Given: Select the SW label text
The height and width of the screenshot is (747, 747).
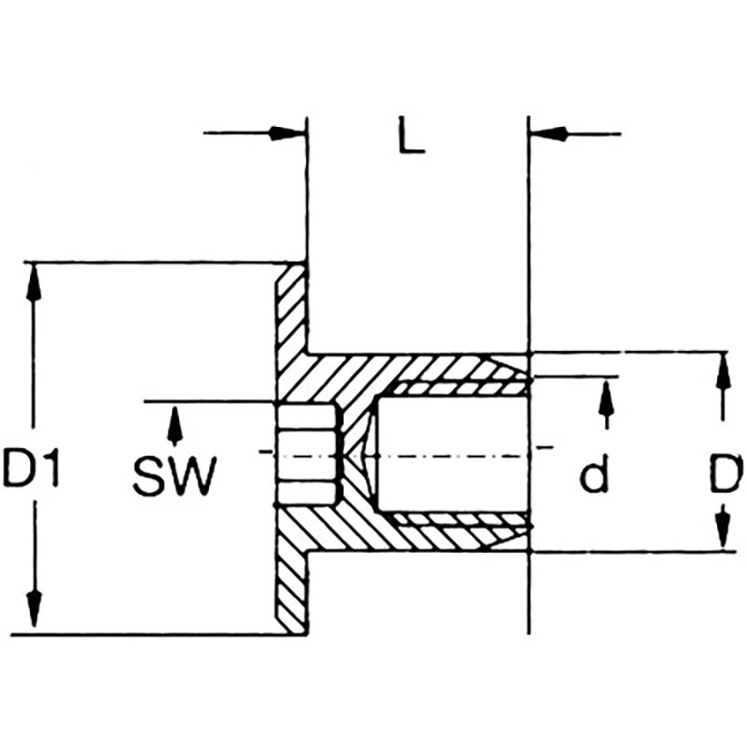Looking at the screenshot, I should (x=174, y=476).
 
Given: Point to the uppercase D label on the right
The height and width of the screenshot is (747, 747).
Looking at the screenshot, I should (x=724, y=476).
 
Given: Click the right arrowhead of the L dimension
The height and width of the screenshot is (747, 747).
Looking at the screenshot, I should (x=548, y=134).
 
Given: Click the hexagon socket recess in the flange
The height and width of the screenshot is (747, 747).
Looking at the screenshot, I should (x=307, y=454).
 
